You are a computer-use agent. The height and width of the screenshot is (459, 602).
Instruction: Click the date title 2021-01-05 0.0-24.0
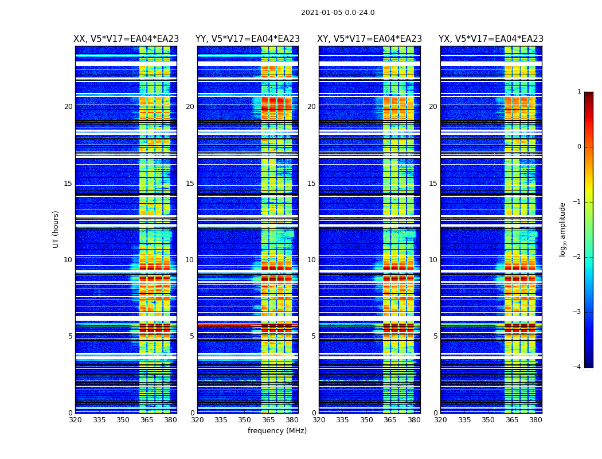pos(338,13)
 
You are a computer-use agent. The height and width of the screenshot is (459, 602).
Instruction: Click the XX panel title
pos(126,39)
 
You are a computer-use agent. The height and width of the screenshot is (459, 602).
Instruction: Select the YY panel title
pos(248,39)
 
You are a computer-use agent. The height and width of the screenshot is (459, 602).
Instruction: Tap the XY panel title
pos(370,39)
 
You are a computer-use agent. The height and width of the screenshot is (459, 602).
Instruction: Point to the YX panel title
pos(491,39)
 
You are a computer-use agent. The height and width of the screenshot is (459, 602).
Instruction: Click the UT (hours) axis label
pos(56,229)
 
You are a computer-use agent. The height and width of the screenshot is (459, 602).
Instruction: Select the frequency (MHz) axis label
pos(277,431)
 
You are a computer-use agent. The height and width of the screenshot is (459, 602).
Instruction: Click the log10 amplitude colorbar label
pos(563,229)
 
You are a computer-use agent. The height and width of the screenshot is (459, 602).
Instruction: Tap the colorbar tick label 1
pos(579,92)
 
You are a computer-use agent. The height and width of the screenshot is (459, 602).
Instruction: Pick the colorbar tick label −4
pos(577,367)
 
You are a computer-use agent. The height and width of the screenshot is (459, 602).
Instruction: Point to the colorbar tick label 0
pos(579,147)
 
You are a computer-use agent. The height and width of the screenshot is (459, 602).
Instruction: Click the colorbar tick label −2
pos(577,257)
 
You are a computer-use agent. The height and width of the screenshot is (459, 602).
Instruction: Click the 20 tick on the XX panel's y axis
pos(68,107)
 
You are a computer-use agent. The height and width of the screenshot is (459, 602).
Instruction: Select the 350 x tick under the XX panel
pos(123,420)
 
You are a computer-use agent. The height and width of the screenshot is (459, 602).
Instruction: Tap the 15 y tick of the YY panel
pos(190,184)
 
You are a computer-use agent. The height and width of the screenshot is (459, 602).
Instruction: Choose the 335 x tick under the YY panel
pos(221,420)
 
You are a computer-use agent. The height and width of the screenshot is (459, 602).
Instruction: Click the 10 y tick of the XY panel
pos(311,260)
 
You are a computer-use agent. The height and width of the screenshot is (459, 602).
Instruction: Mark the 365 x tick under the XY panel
pos(390,420)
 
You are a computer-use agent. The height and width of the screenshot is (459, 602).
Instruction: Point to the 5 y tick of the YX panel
pos(435,336)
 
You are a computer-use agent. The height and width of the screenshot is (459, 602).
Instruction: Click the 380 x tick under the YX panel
pos(535,420)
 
